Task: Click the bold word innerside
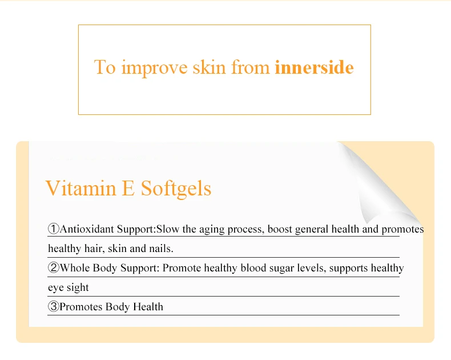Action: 314,67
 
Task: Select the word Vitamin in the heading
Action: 81,188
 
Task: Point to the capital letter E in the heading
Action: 128,189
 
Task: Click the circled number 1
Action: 54,229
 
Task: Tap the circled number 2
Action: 54,267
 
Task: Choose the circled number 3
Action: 54,306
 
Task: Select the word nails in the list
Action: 163,248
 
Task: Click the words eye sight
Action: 69,287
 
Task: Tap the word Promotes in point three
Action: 81,306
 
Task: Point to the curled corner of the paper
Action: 380,185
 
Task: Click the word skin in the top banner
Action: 209,67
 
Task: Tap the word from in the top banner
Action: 251,67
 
